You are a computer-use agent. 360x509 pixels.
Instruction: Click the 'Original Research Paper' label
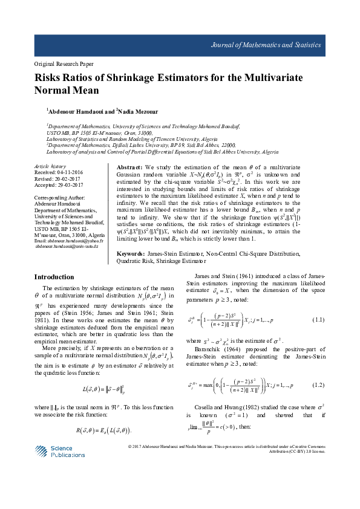tap(56, 63)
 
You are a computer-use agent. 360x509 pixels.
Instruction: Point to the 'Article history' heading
tap(50, 166)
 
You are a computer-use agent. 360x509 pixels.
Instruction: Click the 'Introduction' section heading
tap(54, 277)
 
